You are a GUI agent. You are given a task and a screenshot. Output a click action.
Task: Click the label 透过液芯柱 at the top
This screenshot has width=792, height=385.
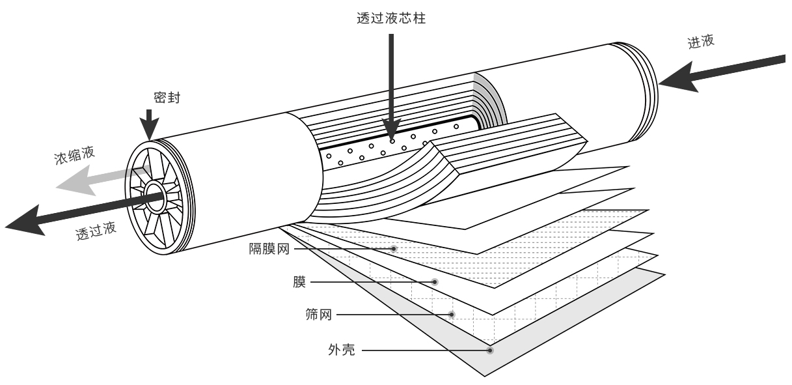pyautogui.click(x=392, y=19)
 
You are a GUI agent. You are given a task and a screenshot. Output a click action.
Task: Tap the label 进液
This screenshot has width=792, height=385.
pyautogui.click(x=701, y=42)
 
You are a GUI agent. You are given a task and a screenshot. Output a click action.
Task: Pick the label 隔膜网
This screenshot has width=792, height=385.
pyautogui.click(x=269, y=249)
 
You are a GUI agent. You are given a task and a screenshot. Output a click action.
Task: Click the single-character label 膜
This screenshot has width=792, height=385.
pyautogui.click(x=299, y=282)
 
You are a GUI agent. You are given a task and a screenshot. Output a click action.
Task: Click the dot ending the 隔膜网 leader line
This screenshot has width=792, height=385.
pyautogui.click(x=394, y=249)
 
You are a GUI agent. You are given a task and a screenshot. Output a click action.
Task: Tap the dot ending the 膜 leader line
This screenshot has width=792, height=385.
pyautogui.click(x=435, y=282)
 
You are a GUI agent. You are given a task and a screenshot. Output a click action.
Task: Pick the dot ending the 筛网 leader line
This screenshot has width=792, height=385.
pyautogui.click(x=452, y=315)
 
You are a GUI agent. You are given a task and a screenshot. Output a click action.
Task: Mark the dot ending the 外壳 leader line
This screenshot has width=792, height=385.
pyautogui.click(x=490, y=350)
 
